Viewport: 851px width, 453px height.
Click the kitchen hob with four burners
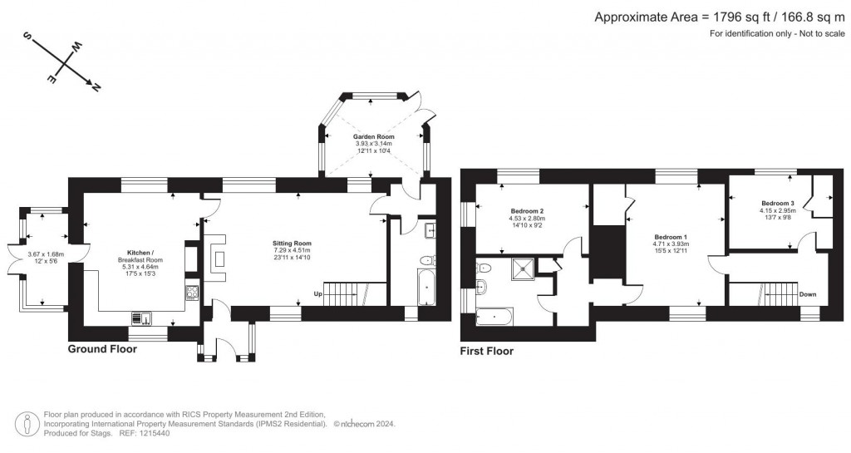(192, 292)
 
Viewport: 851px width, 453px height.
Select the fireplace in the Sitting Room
(219, 259)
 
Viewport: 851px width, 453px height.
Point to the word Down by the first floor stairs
(808, 294)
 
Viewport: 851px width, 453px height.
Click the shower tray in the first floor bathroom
(523, 267)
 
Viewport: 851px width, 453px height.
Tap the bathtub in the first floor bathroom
(494, 317)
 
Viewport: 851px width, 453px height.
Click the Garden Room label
(373, 136)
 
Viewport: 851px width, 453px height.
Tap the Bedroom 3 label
(777, 203)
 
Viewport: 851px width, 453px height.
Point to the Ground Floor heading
(102, 349)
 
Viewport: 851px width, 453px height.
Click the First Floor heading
(487, 352)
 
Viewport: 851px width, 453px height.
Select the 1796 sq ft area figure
(739, 17)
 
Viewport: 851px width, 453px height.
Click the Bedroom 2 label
(528, 211)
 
